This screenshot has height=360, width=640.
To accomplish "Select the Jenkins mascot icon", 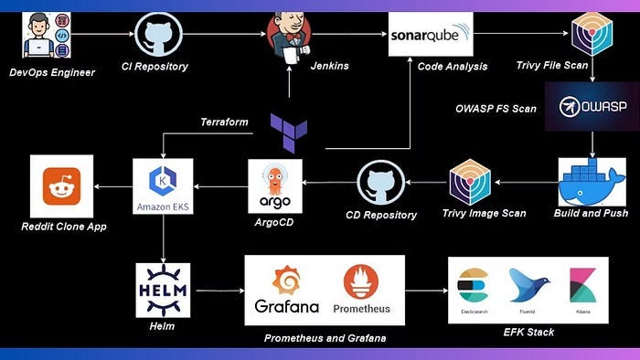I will point(289,37).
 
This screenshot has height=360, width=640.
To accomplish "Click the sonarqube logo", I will point(431,35).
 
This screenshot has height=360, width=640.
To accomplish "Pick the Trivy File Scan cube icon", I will point(592,36).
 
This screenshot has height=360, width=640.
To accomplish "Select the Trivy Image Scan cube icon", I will point(471,182).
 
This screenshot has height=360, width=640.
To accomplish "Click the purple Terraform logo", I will point(289,132).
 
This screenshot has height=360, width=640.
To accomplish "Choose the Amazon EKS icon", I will point(163,186).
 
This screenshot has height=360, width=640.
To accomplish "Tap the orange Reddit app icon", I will point(61,186).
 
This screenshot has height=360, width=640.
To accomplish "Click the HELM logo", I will point(163,290).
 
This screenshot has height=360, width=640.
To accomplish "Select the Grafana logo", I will point(286,289).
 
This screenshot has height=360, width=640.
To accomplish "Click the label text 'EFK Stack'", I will point(528,332).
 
